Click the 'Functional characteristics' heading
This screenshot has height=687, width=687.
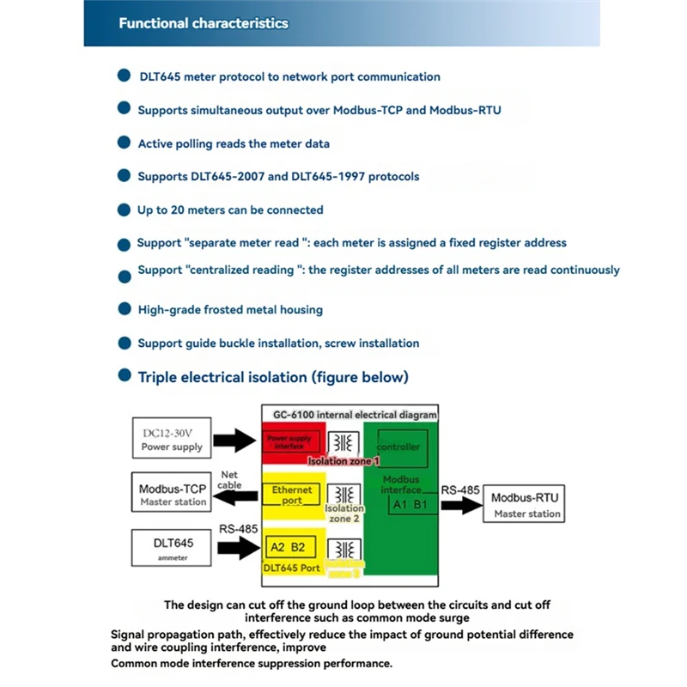click(x=204, y=23)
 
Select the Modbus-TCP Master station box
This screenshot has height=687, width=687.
click(x=173, y=495)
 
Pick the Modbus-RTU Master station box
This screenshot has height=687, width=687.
click(x=526, y=505)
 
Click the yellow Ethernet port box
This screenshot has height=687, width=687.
click(x=292, y=495)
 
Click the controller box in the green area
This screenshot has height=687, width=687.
click(x=399, y=447)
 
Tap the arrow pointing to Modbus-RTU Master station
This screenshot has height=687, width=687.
click(x=462, y=505)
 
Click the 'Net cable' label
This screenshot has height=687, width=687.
click(x=230, y=479)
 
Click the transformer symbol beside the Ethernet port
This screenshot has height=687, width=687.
click(x=344, y=495)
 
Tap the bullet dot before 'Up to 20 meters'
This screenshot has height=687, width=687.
click(x=124, y=210)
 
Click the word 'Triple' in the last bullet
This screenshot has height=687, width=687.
click(x=160, y=377)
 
